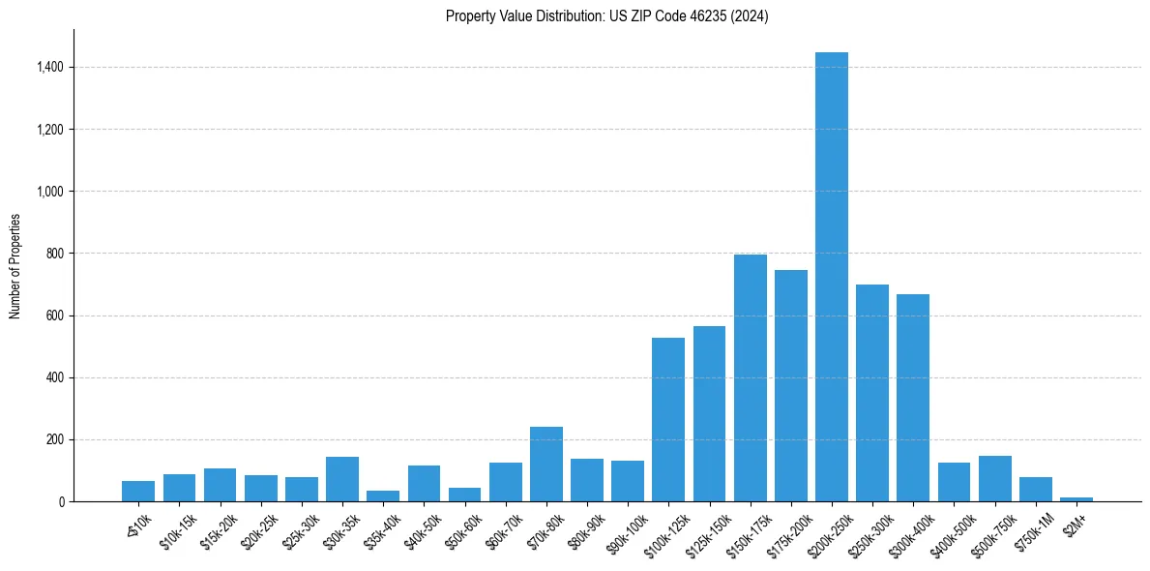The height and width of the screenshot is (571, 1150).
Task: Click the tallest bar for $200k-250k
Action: pyautogui.click(x=832, y=277)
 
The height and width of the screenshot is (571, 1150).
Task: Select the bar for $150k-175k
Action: pyautogui.click(x=750, y=377)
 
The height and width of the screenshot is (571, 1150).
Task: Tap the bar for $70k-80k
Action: pyautogui.click(x=546, y=465)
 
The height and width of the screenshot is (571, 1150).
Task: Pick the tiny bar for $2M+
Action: pyautogui.click(x=1076, y=499)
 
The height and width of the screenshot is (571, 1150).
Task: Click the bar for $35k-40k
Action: pyautogui.click(x=383, y=496)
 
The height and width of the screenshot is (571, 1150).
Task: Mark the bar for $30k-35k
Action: pyautogui.click(x=342, y=479)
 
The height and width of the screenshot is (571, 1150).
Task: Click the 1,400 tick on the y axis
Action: pyautogui.click(x=50, y=68)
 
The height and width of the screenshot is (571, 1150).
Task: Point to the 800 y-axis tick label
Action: pyautogui.click(x=55, y=254)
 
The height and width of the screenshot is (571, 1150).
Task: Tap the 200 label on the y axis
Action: pyautogui.click(x=55, y=439)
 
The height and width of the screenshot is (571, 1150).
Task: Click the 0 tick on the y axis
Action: pyautogui.click(x=60, y=502)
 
